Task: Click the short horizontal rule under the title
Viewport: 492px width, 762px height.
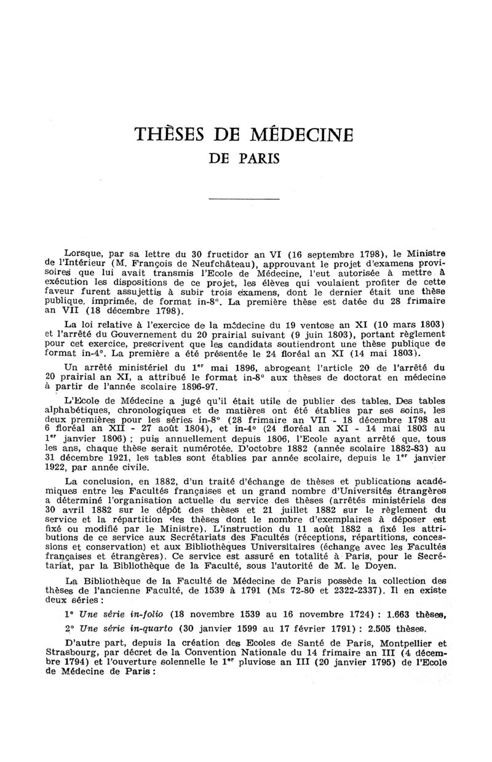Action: pyautogui.click(x=245, y=198)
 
